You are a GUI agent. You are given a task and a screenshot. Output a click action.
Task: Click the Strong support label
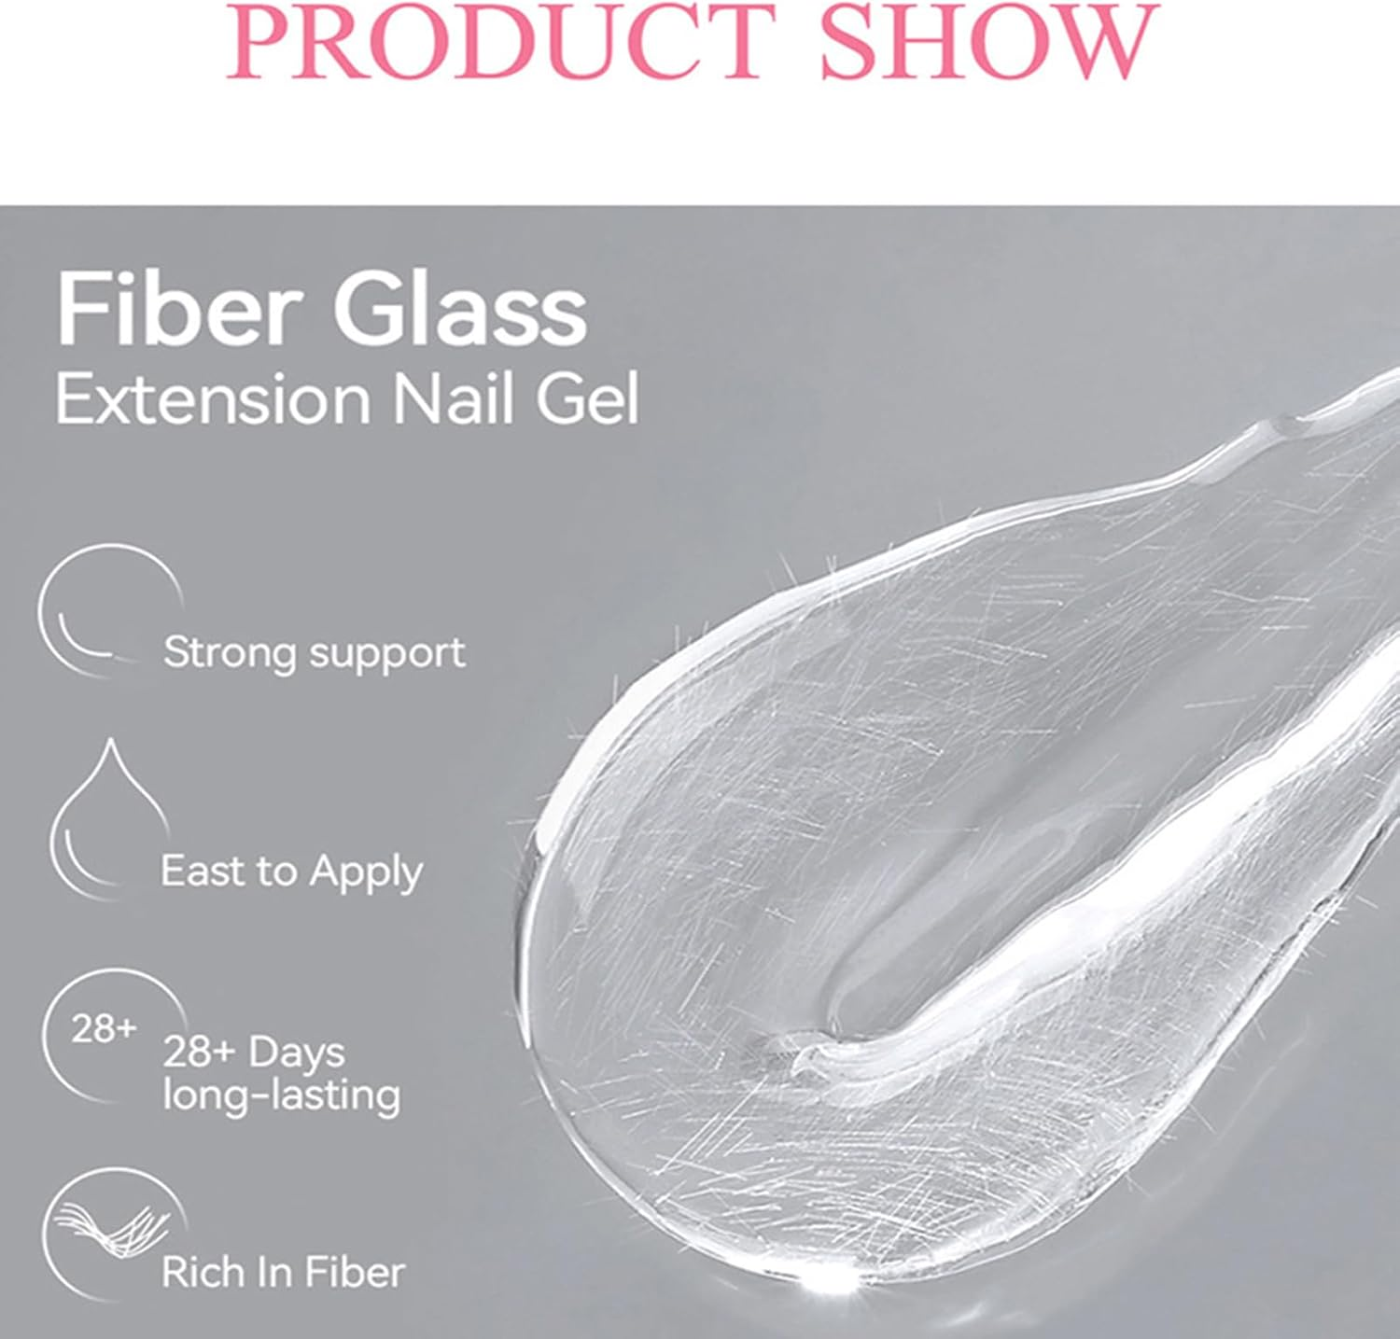(x=314, y=652)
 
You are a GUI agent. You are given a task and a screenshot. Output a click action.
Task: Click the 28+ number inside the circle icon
(x=104, y=1030)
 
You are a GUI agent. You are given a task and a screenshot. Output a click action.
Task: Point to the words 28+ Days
(x=254, y=1053)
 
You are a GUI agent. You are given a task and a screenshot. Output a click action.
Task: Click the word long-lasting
(x=281, y=1095)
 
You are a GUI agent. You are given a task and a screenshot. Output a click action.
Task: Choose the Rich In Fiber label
(x=283, y=1272)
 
